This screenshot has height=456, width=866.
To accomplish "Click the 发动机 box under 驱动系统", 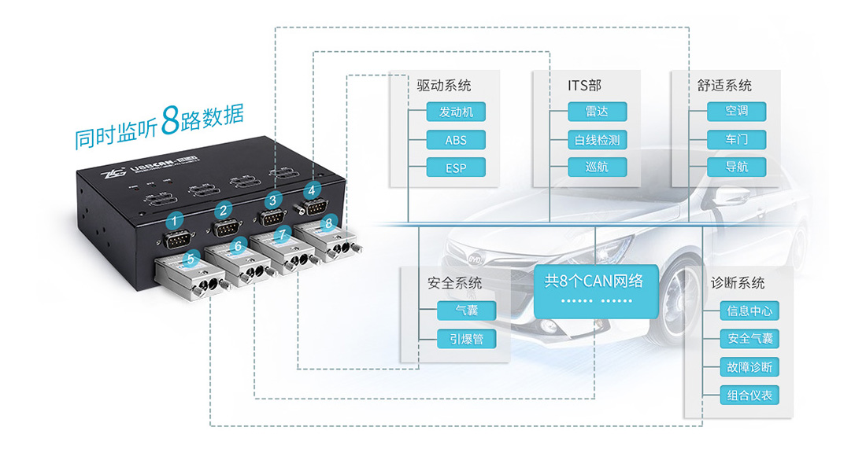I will click(x=455, y=112).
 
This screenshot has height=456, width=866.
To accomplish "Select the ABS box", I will click(x=455, y=140).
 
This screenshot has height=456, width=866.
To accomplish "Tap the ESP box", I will click(x=455, y=167).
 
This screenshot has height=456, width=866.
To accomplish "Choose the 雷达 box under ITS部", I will click(x=597, y=112).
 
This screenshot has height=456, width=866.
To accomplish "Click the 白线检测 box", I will click(x=597, y=140).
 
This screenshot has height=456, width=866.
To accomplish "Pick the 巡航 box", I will click(x=597, y=167).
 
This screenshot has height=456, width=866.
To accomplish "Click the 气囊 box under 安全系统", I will click(x=467, y=311).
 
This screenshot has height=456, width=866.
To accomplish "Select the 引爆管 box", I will click(x=467, y=339).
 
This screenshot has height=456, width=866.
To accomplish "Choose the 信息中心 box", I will click(x=749, y=311).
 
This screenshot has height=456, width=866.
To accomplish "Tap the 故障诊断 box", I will click(x=749, y=367).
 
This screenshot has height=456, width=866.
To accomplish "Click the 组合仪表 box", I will click(x=749, y=395).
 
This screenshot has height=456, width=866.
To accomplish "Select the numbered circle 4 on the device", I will click(x=313, y=189).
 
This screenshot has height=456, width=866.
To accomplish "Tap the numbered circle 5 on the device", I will click(x=189, y=256).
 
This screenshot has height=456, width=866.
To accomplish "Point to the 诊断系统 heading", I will click(x=737, y=282).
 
